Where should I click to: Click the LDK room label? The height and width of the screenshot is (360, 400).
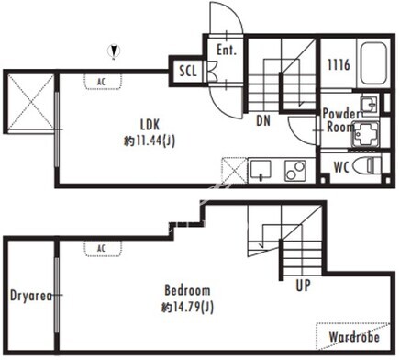150,125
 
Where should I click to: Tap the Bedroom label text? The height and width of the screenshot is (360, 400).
187,290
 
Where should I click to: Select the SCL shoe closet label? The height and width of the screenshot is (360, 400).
188,71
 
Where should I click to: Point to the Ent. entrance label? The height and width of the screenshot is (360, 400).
227,50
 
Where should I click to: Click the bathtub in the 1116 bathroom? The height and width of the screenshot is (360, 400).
373,63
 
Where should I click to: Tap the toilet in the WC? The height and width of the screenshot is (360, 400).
367,165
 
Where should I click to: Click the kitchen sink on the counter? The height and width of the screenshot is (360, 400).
261,170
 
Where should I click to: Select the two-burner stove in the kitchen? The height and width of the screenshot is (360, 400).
295,171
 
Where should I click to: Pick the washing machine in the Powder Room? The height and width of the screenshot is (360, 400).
365,134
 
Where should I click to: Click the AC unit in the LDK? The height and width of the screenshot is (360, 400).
103,82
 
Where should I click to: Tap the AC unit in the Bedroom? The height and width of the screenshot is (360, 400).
103,248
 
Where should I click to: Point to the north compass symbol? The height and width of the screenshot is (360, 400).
114,51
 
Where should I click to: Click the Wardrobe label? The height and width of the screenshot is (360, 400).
354,337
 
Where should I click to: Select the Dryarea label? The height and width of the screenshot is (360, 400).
31,296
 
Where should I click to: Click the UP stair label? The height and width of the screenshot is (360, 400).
303,286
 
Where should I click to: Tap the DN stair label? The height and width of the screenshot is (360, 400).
263,121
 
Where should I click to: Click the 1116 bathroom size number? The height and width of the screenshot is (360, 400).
339,65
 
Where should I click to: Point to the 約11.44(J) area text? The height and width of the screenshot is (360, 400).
150,141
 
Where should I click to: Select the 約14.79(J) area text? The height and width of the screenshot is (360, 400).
187,308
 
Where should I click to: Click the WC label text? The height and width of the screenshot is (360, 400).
341,167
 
